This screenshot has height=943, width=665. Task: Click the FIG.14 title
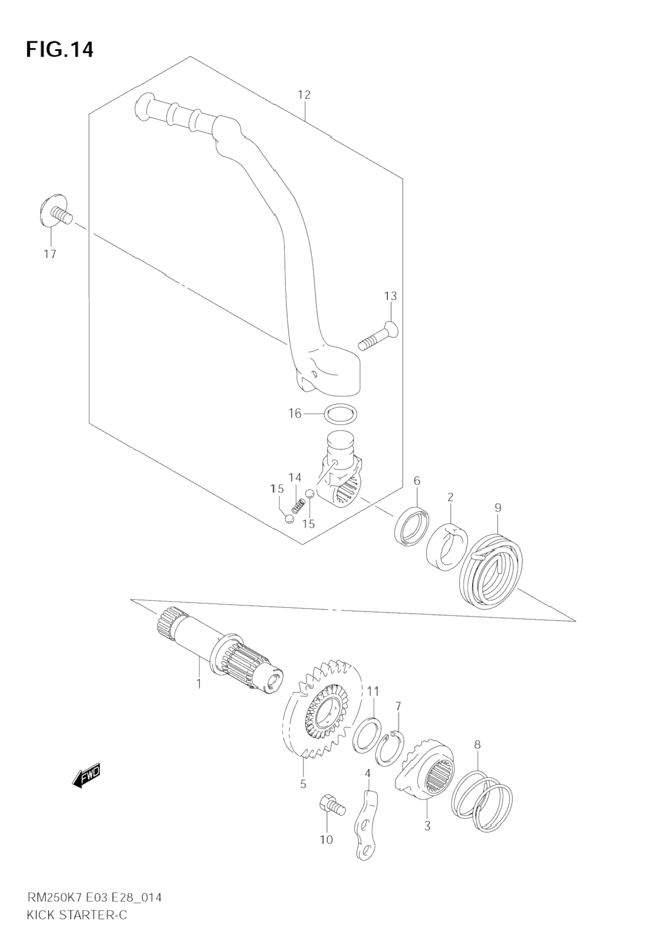tap(59, 50)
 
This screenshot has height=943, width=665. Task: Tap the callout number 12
tap(303, 95)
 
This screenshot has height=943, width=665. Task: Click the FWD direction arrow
tap(86, 777)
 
